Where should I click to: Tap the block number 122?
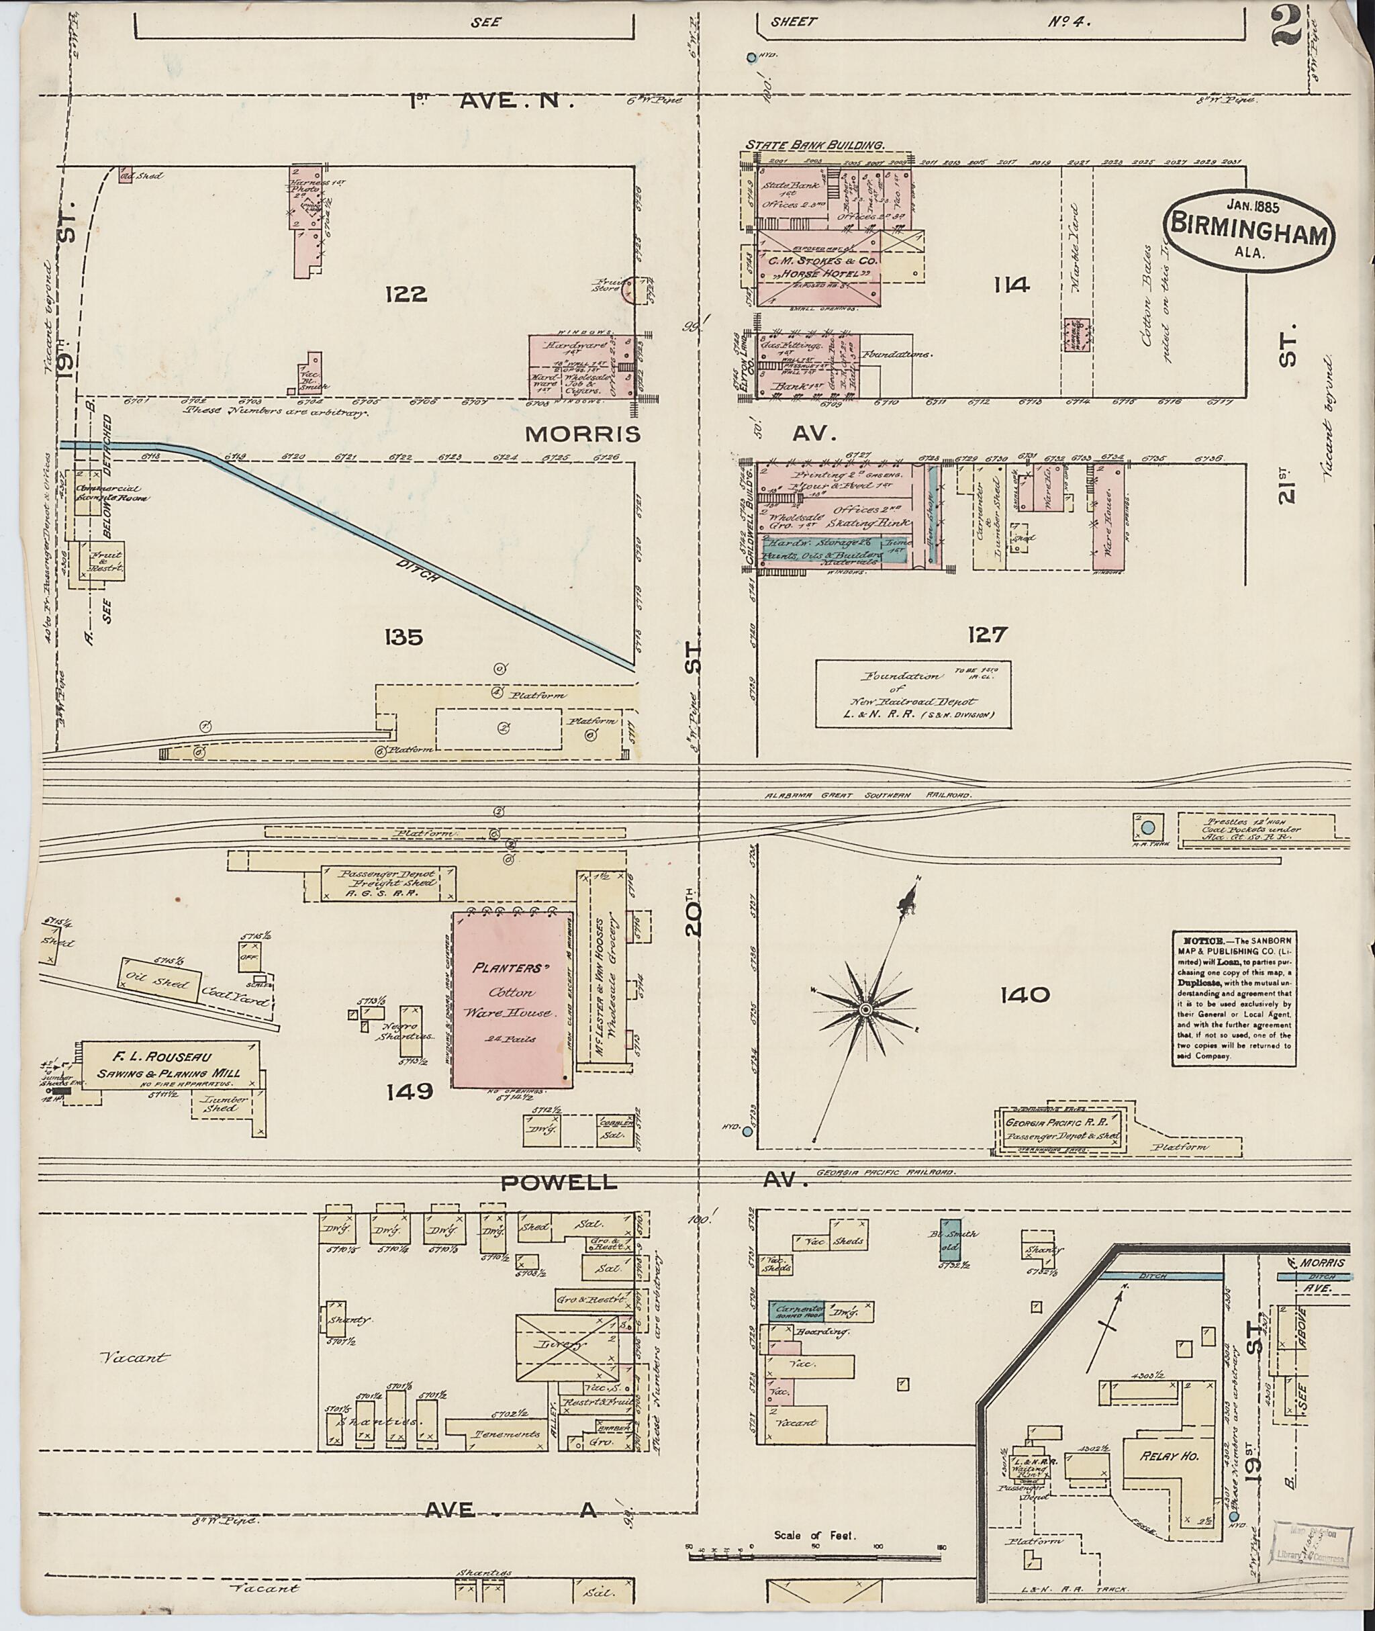tap(406, 294)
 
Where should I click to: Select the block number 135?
tap(403, 637)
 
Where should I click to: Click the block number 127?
tap(987, 635)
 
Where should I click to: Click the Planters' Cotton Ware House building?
tap(509, 1000)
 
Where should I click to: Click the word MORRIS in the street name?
tap(582, 434)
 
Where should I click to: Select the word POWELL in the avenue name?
tap(558, 1182)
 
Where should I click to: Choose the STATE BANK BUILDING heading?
tap(814, 145)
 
